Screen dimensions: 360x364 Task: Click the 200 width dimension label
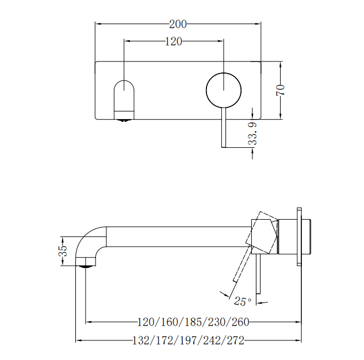[178, 24]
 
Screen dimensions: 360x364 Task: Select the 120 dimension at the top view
[174, 41]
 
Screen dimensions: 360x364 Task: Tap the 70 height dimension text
[281, 90]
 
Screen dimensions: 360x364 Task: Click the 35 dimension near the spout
[64, 251]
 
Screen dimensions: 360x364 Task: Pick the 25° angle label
[242, 301]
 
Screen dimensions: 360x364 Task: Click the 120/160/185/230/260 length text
[193, 323]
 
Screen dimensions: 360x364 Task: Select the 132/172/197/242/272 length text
[189, 340]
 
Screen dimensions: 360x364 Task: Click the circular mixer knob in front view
[224, 90]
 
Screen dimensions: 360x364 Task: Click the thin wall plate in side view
[299, 236]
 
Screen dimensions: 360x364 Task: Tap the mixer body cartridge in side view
[294, 236]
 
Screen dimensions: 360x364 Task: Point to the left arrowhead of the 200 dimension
[98, 24]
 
